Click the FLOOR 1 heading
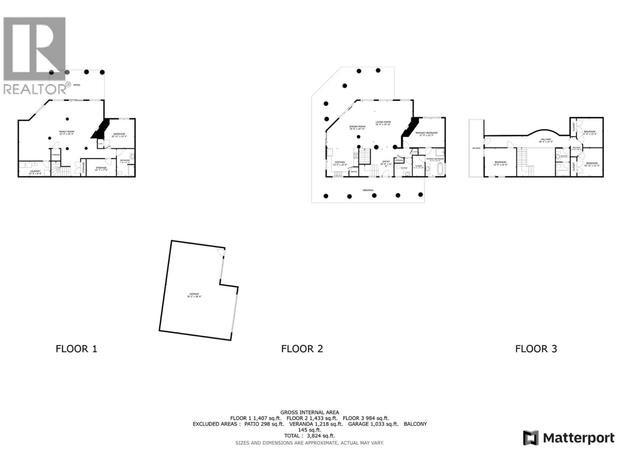pyautogui.click(x=76, y=349)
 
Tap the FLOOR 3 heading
pyautogui.click(x=536, y=349)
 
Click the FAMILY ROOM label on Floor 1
pyautogui.click(x=66, y=131)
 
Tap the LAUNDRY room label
pyautogui.click(x=35, y=171)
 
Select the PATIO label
pyautogui.click(x=77, y=85)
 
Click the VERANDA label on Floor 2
pyautogui.click(x=368, y=190)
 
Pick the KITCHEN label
pyautogui.click(x=340, y=162)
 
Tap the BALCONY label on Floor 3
pyautogui.click(x=476, y=148)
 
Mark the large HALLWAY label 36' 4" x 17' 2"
pyautogui.click(x=546, y=139)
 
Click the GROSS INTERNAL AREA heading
pyautogui.click(x=310, y=412)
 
